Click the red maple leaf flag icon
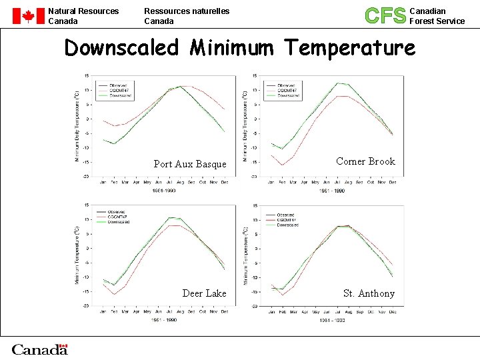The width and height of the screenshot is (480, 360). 27,16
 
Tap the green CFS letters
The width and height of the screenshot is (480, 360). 385,15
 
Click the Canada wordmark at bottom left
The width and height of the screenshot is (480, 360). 40,349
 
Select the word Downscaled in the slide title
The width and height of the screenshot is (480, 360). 122,48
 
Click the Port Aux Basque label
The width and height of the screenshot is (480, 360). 190,164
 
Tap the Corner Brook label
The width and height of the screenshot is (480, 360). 365,161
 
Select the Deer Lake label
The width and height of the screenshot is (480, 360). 204,293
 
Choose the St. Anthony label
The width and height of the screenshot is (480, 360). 369,293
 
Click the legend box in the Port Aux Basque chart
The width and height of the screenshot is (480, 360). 114,90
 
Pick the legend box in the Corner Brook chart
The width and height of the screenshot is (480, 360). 283,90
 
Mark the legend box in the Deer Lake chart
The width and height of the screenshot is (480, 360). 114,217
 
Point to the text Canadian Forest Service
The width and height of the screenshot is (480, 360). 437,16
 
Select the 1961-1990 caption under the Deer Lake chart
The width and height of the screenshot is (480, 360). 164,321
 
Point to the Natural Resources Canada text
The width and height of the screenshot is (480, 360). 83,16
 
